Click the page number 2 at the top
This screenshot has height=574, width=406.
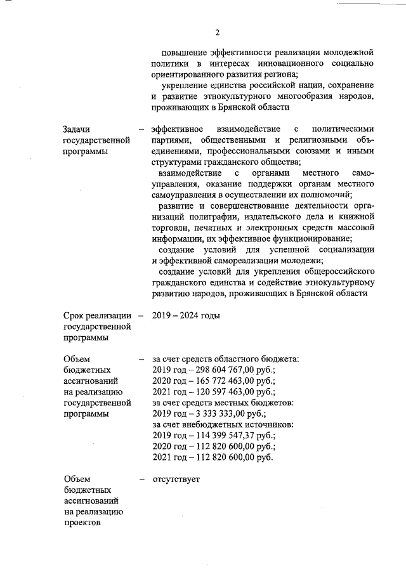[217, 32]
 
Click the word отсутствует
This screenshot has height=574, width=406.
[176, 479]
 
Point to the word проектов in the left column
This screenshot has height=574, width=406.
[82, 523]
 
